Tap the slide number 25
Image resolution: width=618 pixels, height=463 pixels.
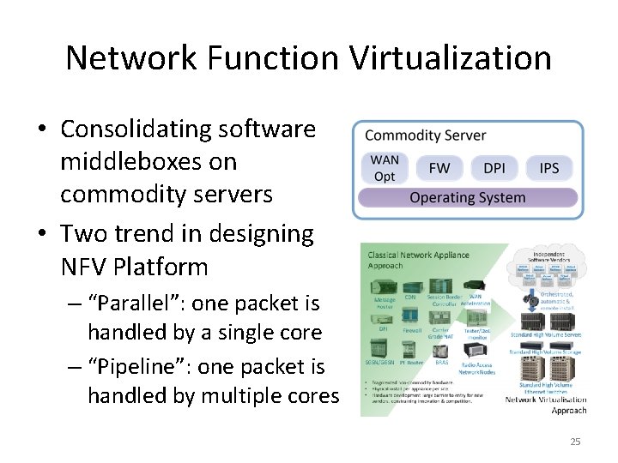pyautogui.click(x=575, y=442)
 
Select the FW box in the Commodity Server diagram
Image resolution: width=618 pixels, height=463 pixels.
pyautogui.click(x=439, y=168)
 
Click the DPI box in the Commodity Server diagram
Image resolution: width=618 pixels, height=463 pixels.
pyautogui.click(x=494, y=168)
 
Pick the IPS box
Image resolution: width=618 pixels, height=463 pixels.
pyautogui.click(x=549, y=168)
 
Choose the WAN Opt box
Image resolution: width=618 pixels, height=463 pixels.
pyautogui.click(x=385, y=168)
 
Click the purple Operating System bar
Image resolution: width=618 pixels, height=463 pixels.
pyautogui.click(x=468, y=198)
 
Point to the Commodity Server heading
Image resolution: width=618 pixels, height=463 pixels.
pyautogui.click(x=426, y=135)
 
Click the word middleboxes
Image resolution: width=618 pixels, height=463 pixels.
pyautogui.click(x=148, y=162)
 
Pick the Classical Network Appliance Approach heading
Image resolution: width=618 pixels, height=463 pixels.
pyautogui.click(x=418, y=260)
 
